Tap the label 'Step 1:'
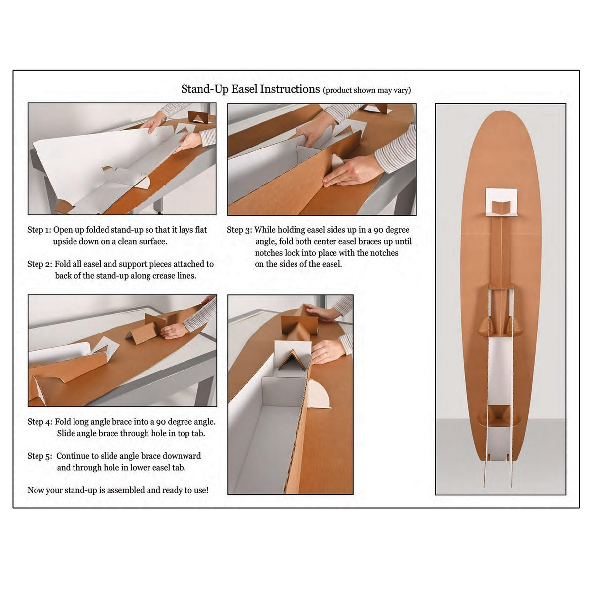coord(39,230)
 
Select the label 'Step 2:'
coord(39,264)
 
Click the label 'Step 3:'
coord(239,230)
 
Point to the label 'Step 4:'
coord(39,422)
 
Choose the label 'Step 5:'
coord(39,456)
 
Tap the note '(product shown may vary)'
coord(367,90)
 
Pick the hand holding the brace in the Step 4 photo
coord(174,331)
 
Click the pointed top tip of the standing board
coord(501,111)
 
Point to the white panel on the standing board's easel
coord(501,372)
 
